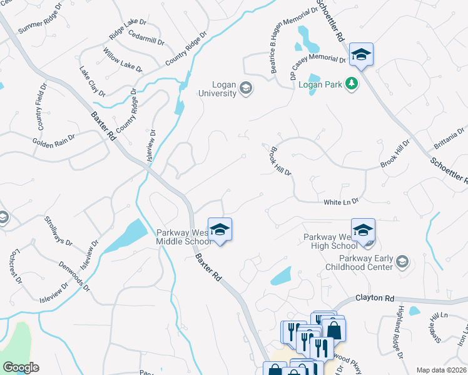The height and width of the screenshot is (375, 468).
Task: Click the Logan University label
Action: click(x=217, y=89)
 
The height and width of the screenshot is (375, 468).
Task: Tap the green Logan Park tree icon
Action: click(x=352, y=84)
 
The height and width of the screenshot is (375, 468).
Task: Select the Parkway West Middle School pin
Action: click(x=220, y=230)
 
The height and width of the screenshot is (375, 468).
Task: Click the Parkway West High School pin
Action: click(x=362, y=230)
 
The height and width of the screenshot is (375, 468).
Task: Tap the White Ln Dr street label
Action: click(x=340, y=202)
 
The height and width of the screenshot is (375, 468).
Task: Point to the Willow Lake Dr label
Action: click(x=123, y=58)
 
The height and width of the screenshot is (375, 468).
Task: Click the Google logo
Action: click(x=21, y=367)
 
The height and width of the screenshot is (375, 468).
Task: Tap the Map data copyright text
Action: click(x=442, y=370)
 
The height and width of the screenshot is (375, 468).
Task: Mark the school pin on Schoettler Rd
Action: click(x=361, y=54)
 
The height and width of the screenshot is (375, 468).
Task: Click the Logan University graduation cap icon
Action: click(x=246, y=88)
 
